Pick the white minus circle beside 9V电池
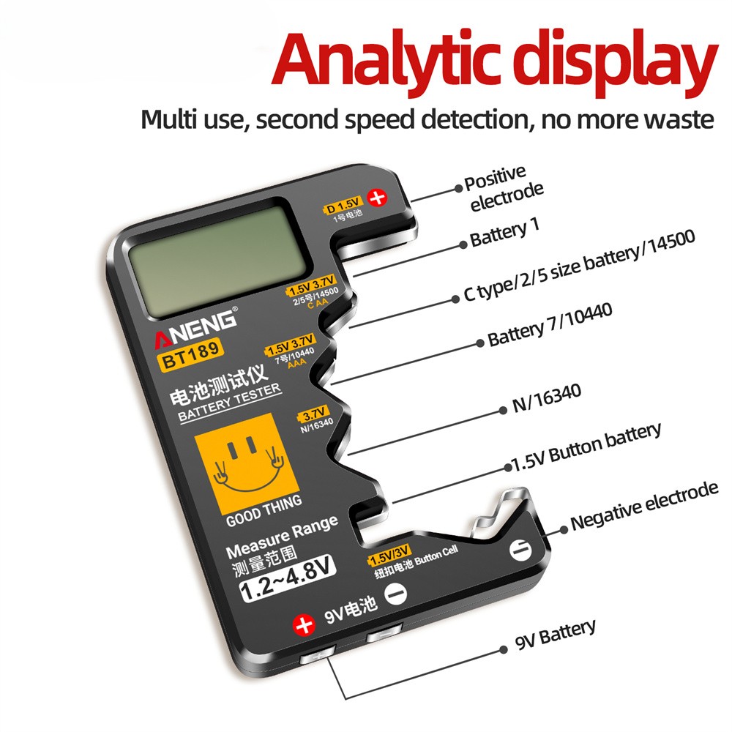click(x=396, y=594)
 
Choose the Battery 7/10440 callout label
click(x=549, y=326)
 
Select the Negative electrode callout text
click(x=644, y=505)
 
